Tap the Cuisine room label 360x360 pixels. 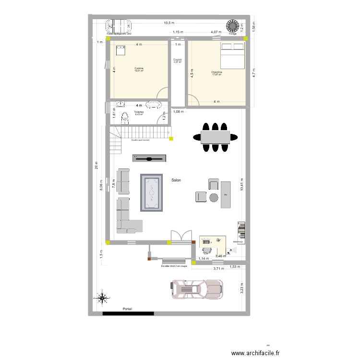pos(139,69)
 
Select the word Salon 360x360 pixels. pos(176,180)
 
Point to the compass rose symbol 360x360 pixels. pos(102,298)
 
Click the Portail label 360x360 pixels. pos(127,309)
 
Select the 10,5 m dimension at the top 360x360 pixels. pos(169,23)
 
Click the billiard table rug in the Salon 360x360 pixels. pos(152,192)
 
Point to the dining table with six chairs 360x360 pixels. pos(216,137)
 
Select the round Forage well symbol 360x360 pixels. pos(233,25)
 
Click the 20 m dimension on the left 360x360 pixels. pos(96,166)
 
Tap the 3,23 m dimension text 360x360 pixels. pos(242,288)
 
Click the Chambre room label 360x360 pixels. pos(216,72)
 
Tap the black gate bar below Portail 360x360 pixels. pos(128,314)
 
